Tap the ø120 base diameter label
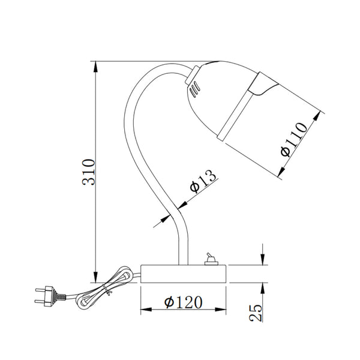coord(183,302)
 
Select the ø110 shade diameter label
coord(295,139)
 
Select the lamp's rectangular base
coord(184,273)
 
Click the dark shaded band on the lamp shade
coord(262,85)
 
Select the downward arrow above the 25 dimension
coord(262,258)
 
